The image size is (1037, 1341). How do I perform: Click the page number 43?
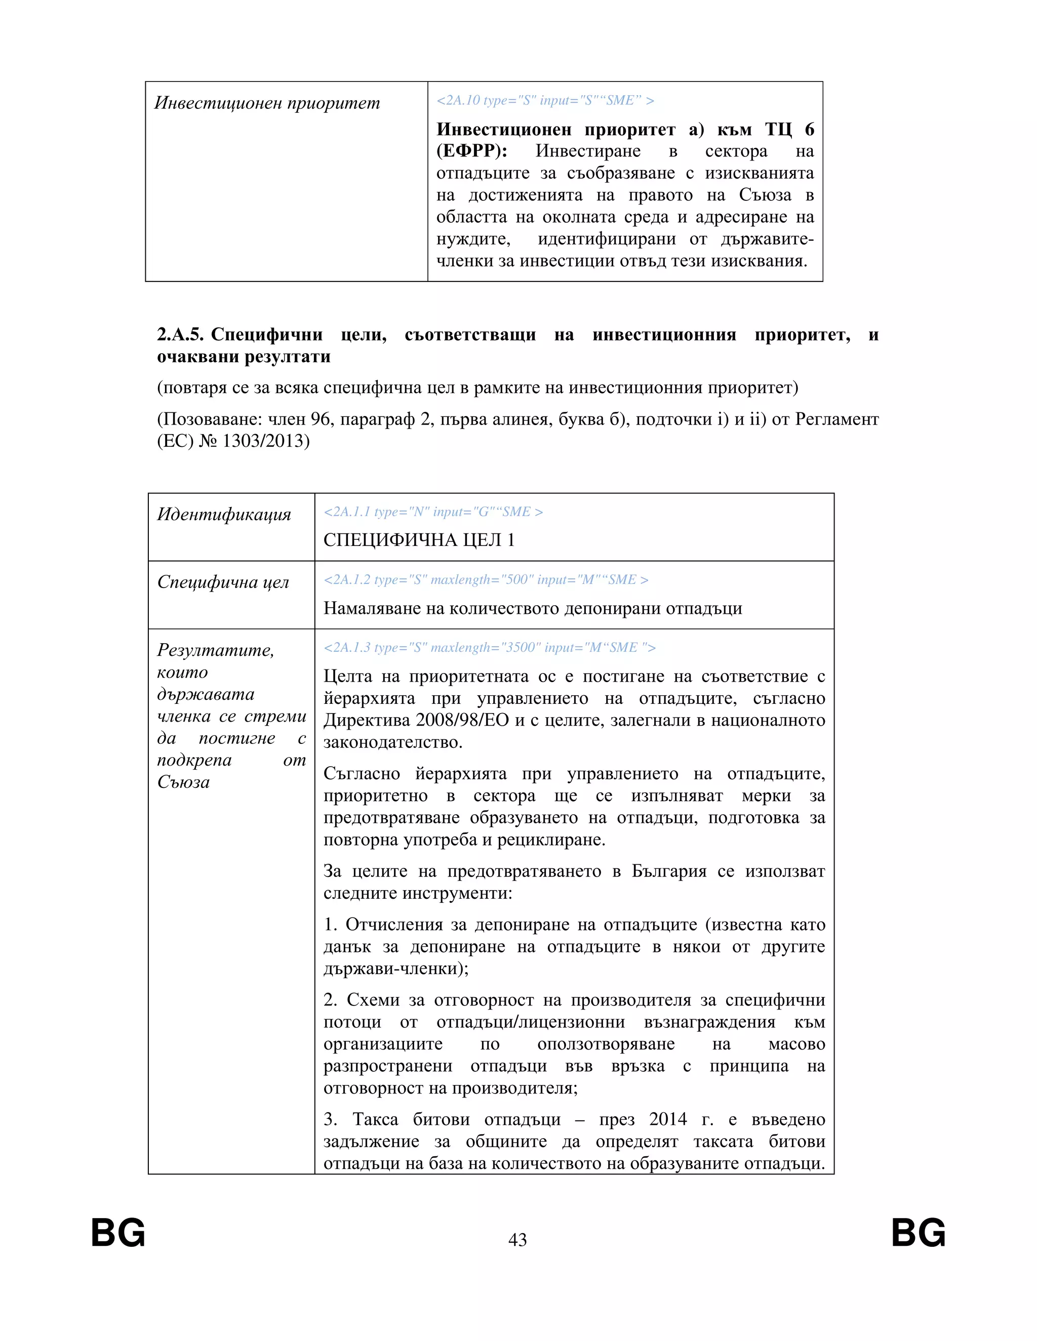[517, 1240]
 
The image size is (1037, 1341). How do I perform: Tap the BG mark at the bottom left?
[118, 1233]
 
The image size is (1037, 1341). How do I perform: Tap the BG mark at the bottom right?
[918, 1233]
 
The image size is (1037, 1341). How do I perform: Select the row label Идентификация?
[224, 514]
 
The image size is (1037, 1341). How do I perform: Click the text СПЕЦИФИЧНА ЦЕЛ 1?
[419, 540]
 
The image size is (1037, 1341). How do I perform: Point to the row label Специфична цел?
[222, 581]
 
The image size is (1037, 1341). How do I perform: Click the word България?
[668, 871]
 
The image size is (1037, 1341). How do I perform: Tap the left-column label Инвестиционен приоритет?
[267, 103]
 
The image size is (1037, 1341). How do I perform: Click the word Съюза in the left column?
[183, 782]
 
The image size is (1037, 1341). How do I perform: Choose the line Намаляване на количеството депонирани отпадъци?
[533, 608]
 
